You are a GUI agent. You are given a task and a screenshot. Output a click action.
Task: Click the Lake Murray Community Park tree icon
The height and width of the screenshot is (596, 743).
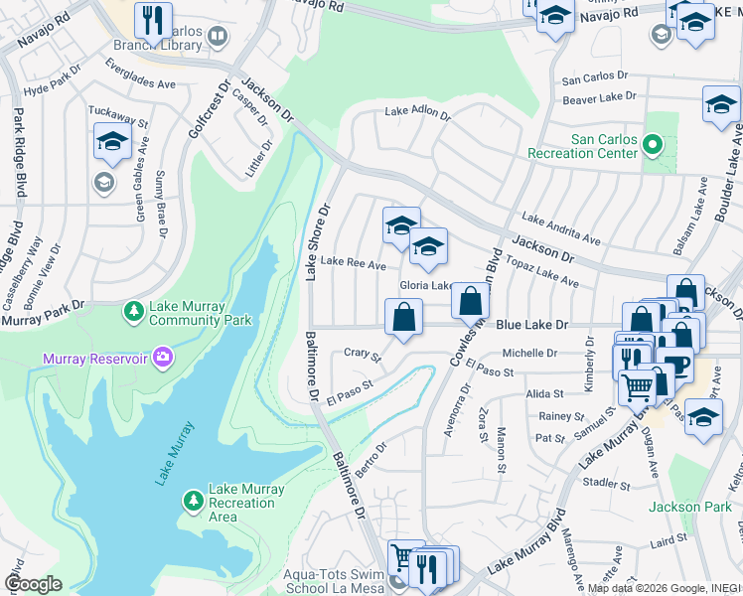(133, 312)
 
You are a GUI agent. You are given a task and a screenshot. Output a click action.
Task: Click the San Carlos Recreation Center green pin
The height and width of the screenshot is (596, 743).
(652, 146)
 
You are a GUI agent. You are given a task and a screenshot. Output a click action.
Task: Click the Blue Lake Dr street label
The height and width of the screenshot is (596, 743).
(531, 325)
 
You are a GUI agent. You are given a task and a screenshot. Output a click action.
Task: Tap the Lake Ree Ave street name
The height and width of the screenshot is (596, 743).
(353, 264)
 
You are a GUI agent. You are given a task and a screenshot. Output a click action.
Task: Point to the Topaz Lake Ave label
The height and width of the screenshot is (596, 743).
(544, 269)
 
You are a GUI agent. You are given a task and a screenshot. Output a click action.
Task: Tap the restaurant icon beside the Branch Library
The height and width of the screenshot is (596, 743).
(153, 19)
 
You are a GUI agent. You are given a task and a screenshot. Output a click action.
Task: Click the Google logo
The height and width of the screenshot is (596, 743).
(33, 584)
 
